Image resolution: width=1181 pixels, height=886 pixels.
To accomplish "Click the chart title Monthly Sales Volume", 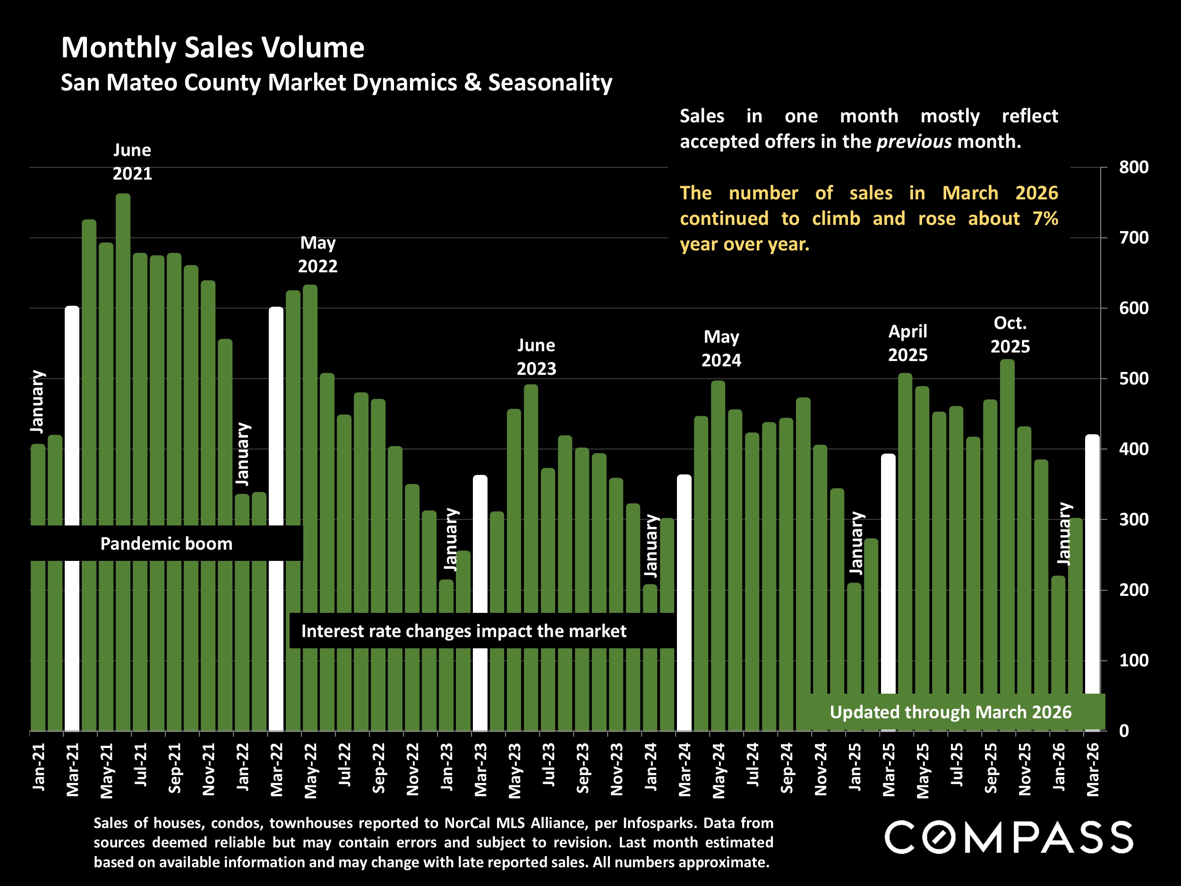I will (213, 48).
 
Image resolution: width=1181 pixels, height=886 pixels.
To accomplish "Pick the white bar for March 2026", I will (1092, 561).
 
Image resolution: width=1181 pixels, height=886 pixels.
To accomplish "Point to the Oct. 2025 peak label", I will (1010, 335).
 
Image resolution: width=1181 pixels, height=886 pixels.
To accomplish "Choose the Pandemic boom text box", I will (166, 544).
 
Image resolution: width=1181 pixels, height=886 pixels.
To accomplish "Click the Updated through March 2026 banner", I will (950, 712).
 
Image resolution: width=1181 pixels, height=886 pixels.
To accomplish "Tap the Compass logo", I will (1009, 837).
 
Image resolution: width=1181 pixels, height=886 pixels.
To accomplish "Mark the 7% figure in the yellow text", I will (1045, 218).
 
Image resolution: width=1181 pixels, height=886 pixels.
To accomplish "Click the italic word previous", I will (914, 142).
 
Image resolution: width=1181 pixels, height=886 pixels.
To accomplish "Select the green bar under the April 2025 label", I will (905, 534).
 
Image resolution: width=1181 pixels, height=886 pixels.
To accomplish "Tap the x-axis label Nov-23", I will (616, 769).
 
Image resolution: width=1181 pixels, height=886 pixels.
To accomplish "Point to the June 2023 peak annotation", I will (536, 357).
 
